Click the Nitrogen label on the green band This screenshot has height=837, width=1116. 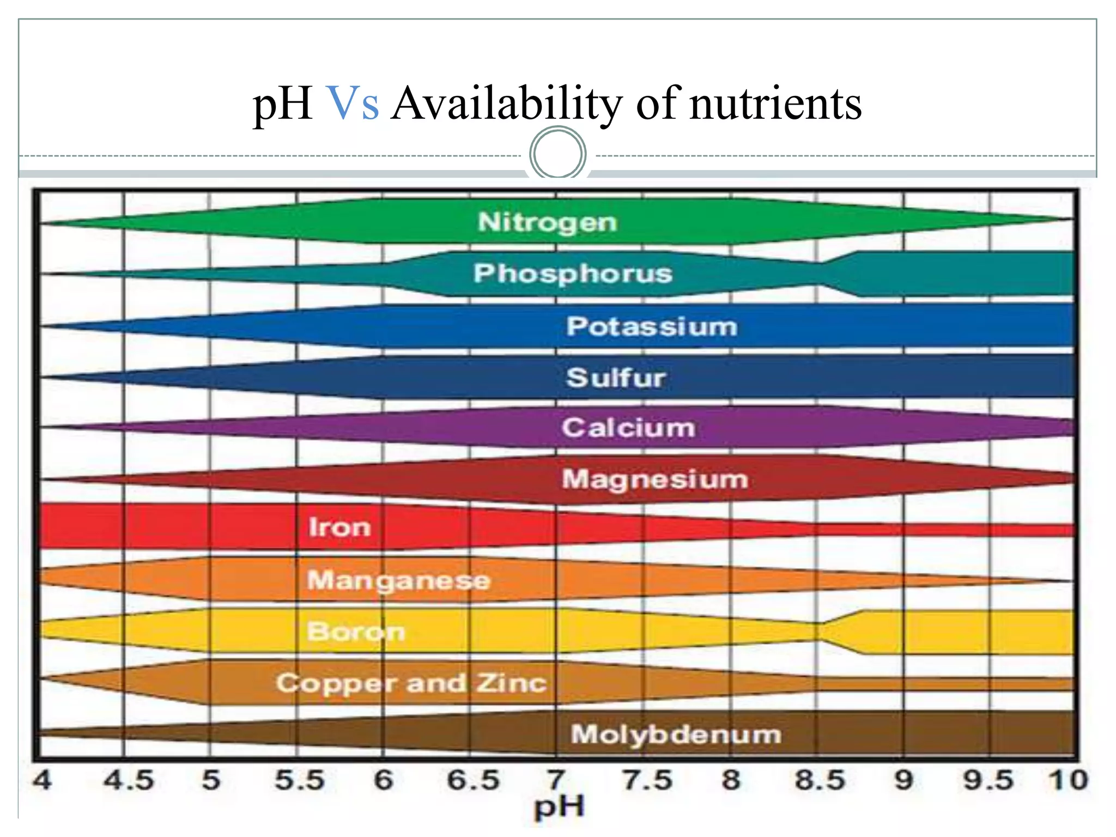tap(547, 222)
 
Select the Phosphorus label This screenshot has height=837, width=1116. tap(573, 274)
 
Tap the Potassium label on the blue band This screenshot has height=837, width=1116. tap(652, 326)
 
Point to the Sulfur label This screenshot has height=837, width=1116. tap(616, 378)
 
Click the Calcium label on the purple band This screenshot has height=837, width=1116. tap(628, 428)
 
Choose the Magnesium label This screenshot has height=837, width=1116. tap(655, 480)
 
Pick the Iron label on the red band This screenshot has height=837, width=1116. tap(339, 527)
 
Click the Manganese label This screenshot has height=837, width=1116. tap(399, 580)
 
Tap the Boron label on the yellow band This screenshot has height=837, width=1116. tap(356, 632)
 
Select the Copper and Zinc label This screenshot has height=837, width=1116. tap(411, 683)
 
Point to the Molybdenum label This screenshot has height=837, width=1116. tap(676, 735)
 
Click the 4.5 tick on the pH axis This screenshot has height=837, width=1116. tap(129, 780)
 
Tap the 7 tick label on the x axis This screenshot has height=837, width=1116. tap(556, 780)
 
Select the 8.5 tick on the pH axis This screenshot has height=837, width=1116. tap(820, 780)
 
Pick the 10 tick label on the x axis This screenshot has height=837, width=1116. tap(1068, 780)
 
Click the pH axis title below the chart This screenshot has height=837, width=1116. tap(559, 807)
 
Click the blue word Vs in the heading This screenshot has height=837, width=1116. tap(353, 104)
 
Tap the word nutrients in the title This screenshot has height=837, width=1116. tap(775, 104)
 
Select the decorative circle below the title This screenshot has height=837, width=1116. tap(558, 153)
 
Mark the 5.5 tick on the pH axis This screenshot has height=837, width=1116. tap(299, 780)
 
